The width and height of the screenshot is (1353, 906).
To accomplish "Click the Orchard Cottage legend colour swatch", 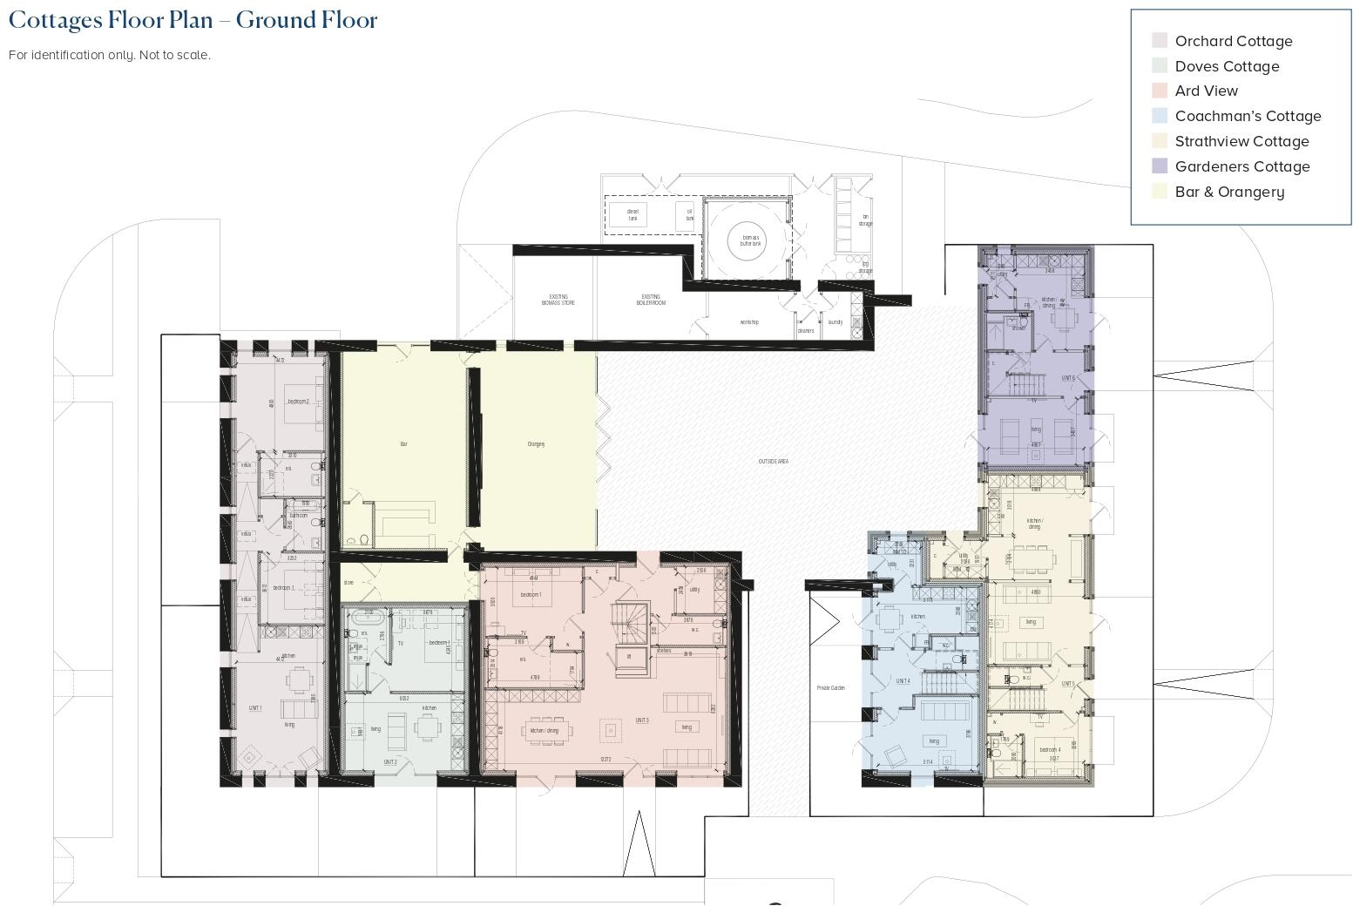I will [1160, 41].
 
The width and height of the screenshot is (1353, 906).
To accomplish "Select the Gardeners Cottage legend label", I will [1241, 166].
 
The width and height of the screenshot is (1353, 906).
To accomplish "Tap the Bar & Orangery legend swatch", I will [1160, 192].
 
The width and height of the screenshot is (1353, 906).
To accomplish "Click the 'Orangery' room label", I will [536, 444].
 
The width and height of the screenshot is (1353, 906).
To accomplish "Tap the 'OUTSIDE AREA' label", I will [773, 461].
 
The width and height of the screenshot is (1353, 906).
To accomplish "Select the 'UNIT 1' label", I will [255, 708].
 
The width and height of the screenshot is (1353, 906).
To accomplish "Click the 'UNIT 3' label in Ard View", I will [642, 720].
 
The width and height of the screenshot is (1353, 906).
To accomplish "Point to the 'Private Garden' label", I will [830, 688].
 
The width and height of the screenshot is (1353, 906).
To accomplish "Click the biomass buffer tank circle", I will [750, 240].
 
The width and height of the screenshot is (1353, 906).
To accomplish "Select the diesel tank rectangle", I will [633, 213].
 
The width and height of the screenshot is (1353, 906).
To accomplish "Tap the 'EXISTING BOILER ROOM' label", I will [651, 300].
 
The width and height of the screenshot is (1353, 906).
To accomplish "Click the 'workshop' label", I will [749, 322].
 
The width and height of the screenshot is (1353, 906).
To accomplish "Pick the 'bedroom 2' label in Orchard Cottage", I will [298, 402].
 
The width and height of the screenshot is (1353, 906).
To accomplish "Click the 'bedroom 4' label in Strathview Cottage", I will [1050, 749].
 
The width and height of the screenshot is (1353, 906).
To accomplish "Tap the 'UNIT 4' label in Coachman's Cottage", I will [903, 681].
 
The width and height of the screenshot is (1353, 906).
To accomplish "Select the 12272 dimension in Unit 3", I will [605, 760].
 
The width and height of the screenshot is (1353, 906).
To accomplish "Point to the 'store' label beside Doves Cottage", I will [348, 583].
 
